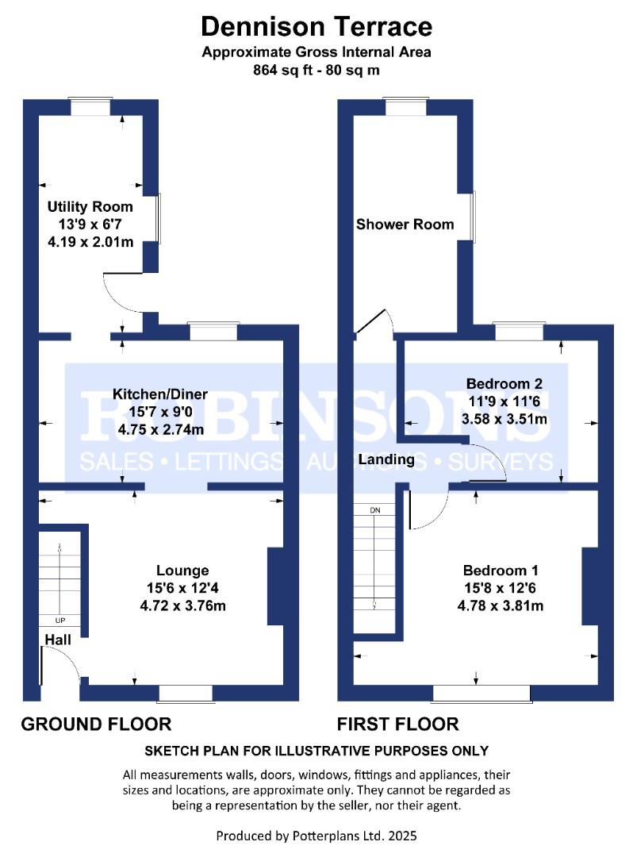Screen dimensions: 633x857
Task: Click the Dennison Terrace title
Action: pos(316,26)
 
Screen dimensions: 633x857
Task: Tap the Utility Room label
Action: pos(90,206)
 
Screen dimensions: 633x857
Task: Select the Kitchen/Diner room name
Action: pos(160,394)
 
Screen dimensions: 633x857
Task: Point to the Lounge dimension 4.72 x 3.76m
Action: pos(182,605)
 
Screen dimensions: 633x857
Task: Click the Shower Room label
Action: pos(405,224)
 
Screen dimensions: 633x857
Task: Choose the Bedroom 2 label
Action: pos(504,384)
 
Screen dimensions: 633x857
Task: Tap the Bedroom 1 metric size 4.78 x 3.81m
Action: pos(501,605)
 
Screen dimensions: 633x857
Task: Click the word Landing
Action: pos(386,459)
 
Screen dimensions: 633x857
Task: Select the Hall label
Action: pos(58,640)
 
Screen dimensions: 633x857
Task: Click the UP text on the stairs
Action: pos(60,621)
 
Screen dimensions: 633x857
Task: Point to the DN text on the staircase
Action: pos(375,510)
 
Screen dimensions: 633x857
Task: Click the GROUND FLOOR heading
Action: pos(96,724)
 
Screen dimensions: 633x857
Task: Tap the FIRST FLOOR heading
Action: pos(397,724)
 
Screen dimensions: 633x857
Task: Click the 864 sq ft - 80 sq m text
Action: pos(316,70)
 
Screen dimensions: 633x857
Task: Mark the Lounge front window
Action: pos(185,693)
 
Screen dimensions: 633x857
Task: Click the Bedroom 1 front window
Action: pos(481,693)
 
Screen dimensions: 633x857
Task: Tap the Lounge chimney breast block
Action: pos(275,586)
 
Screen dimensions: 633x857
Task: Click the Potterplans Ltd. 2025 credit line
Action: pos(316,836)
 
